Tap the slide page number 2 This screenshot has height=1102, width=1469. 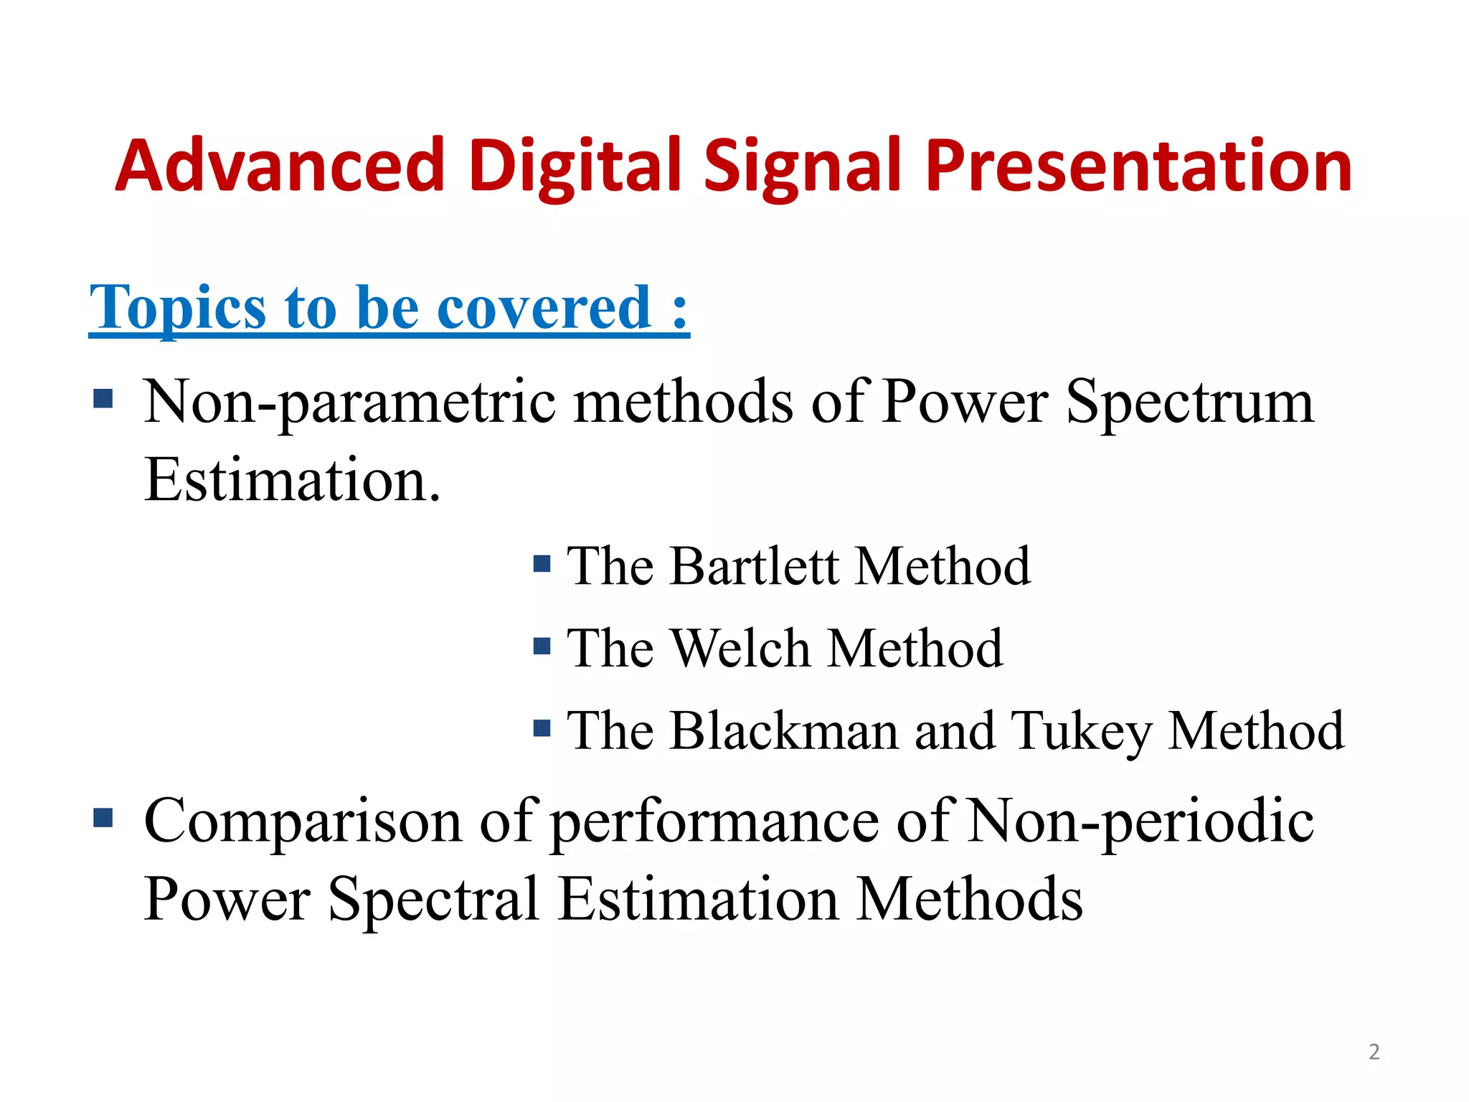pyautogui.click(x=1374, y=1052)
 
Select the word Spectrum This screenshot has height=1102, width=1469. pyautogui.click(x=1190, y=402)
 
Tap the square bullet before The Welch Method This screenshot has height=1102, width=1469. pyautogui.click(x=542, y=647)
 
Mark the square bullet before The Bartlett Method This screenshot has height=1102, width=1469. pyautogui.click(x=542, y=564)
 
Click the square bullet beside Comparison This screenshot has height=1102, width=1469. pyautogui.click(x=103, y=817)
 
